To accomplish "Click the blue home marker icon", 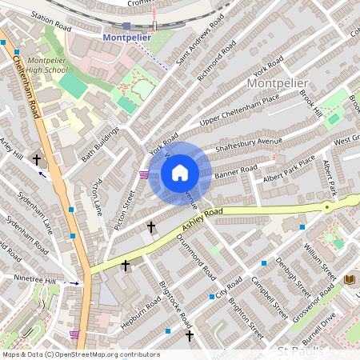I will point(180,172).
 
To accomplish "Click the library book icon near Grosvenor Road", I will point(349,279).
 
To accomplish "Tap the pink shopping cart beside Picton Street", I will point(143,175).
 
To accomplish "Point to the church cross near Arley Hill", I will point(37,160).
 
